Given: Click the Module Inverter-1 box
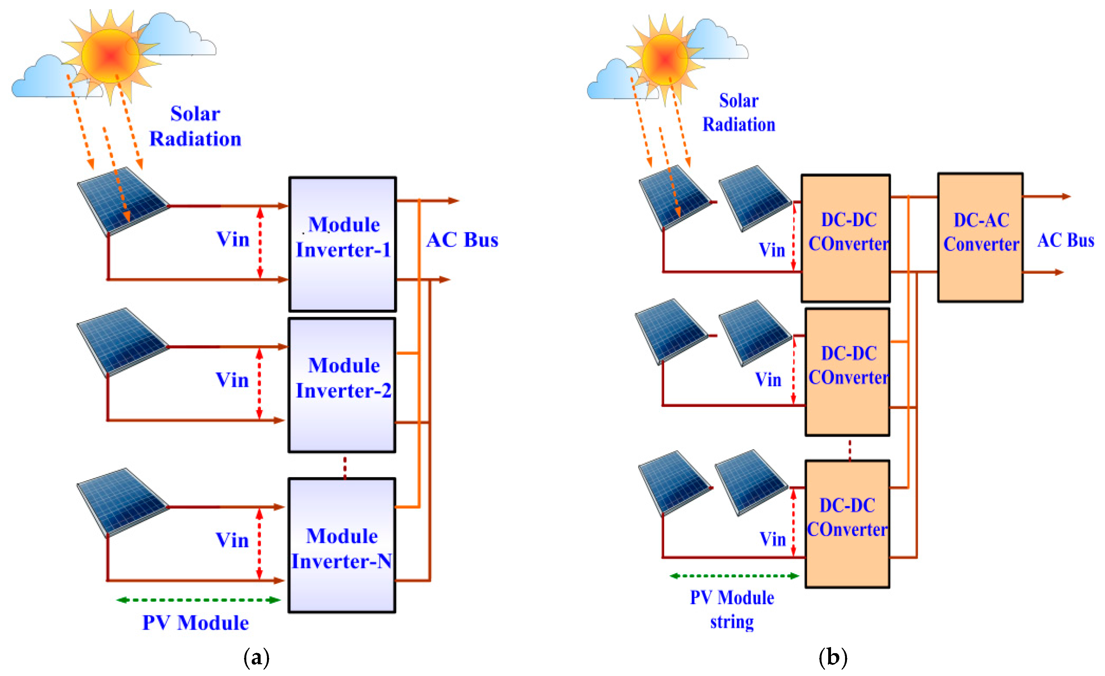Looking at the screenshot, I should [342, 244].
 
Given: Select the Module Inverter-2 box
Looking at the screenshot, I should [342, 385].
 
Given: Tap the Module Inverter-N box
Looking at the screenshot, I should [342, 545].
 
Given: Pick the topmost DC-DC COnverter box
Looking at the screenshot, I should [845, 238].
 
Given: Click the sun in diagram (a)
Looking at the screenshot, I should [110, 56].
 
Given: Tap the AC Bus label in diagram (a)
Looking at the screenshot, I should [462, 240].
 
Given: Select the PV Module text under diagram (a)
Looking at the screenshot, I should [195, 623].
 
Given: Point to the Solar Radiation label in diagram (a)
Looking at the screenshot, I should [195, 126].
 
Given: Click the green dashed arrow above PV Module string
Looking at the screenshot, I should [734, 576].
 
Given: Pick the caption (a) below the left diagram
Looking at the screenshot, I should [256, 657].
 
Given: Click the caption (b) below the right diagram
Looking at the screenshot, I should [833, 657].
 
